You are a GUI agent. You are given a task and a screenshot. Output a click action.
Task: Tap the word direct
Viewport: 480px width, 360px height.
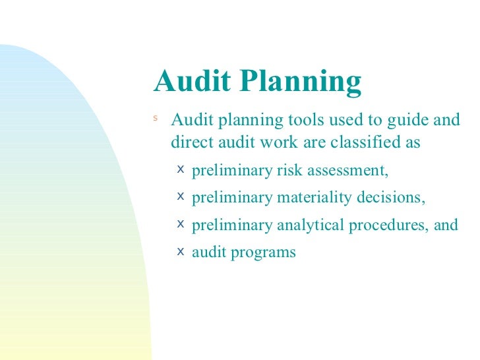pyautogui.click(x=191, y=142)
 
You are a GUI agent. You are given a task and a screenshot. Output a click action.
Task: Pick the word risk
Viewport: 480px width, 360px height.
pyautogui.click(x=291, y=171)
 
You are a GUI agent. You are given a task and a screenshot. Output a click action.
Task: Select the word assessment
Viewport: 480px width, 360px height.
pyautogui.click(x=350, y=171)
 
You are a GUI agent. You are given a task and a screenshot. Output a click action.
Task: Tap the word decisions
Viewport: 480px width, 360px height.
pyautogui.click(x=391, y=198)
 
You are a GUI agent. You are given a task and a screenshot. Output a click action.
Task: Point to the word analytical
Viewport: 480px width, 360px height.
pyautogui.click(x=310, y=225)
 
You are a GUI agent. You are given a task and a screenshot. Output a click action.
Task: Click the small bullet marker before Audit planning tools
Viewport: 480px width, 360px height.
pyautogui.click(x=156, y=119)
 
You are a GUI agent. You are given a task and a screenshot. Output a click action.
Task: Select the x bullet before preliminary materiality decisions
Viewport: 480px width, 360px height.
pyautogui.click(x=181, y=196)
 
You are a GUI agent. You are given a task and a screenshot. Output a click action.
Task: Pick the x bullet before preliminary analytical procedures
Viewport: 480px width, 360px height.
pyautogui.click(x=181, y=224)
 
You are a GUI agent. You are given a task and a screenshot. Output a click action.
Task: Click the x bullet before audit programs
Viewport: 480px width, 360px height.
pyautogui.click(x=181, y=251)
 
